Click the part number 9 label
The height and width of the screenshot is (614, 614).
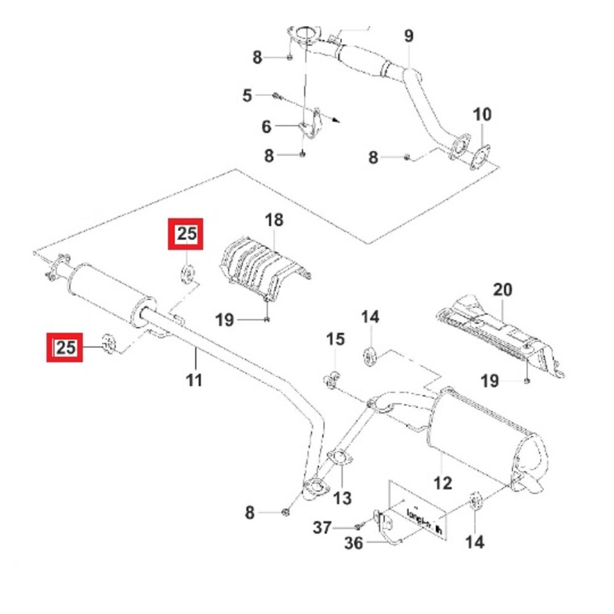point(409,36)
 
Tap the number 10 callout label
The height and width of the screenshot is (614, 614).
point(482,114)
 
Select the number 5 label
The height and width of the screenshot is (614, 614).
point(247,95)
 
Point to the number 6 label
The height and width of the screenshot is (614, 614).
point(266,127)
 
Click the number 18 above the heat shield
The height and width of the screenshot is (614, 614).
point(274,220)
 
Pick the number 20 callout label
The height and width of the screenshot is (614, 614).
point(503,289)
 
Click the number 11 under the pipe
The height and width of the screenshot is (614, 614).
point(194,381)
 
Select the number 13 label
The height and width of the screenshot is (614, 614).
point(342,498)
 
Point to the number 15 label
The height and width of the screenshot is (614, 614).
point(335,338)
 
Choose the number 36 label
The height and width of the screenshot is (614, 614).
point(353,543)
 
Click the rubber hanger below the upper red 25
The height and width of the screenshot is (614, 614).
point(188,273)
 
